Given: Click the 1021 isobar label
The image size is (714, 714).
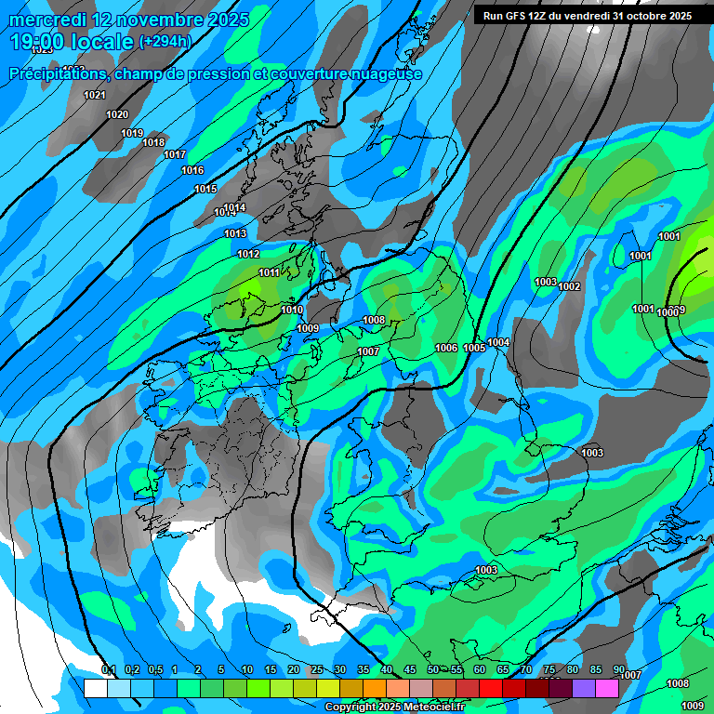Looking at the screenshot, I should [x=94, y=95].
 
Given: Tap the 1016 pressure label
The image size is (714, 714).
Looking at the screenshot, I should [x=192, y=170].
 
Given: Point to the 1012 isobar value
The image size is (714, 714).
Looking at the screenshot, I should [x=248, y=254].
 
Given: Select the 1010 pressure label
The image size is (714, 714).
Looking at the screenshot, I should [x=292, y=310].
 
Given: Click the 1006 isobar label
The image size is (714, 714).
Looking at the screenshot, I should [x=446, y=348].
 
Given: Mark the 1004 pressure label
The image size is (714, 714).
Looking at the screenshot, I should [x=498, y=343].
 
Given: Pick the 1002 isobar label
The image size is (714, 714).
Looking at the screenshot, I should [x=569, y=286].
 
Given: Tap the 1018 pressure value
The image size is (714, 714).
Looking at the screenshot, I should [x=153, y=142].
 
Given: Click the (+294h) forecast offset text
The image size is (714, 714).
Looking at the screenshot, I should [x=165, y=41].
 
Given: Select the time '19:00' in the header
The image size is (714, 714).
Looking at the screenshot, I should [x=39, y=42].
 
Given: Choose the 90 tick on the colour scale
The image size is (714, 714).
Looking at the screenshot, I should [x=619, y=669].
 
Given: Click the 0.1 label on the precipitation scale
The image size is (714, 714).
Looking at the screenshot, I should [x=108, y=669].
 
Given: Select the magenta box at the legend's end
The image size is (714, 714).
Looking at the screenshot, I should [x=606, y=688].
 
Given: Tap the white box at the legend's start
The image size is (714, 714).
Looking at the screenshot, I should [x=95, y=688].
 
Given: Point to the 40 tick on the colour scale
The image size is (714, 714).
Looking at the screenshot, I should [x=387, y=669].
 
